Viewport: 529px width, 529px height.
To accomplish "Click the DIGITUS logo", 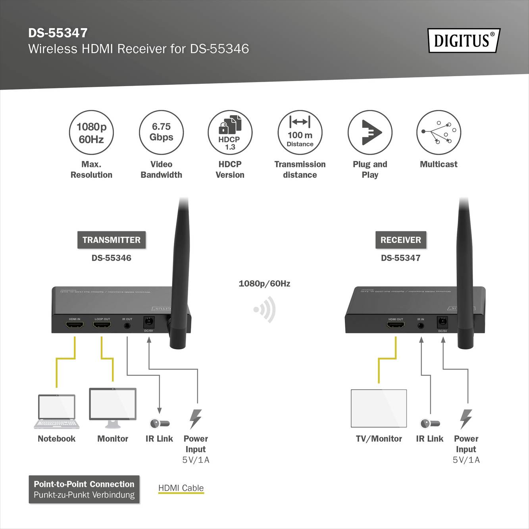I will pos(464,40).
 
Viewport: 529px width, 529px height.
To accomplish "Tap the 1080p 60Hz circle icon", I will pos(91,133).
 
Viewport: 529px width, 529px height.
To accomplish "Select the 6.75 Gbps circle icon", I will pos(161,133).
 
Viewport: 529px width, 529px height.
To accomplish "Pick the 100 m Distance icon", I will pos(300,133).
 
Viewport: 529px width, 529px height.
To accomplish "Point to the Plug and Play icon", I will pos(370,133).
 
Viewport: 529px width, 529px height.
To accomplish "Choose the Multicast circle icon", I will pos(439,133).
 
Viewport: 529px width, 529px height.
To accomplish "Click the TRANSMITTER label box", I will pos(112,240).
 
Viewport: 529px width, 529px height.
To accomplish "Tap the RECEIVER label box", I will pos(401,240).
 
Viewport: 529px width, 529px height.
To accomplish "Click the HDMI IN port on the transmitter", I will pos(75,325).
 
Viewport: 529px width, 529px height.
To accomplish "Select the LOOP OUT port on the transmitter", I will pos(102,325).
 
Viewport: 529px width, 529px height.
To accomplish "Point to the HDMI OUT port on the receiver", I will pos(396,325).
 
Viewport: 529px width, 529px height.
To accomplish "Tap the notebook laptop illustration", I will pos(57,412).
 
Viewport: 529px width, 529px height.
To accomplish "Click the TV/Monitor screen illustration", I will pos(379,408).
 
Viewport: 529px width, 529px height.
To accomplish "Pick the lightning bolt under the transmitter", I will pos(195,419).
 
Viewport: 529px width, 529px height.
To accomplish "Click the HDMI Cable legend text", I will pos(181,488).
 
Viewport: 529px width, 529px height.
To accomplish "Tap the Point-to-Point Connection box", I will pos(84,489).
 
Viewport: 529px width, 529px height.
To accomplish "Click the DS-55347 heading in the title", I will pos(58,33).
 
